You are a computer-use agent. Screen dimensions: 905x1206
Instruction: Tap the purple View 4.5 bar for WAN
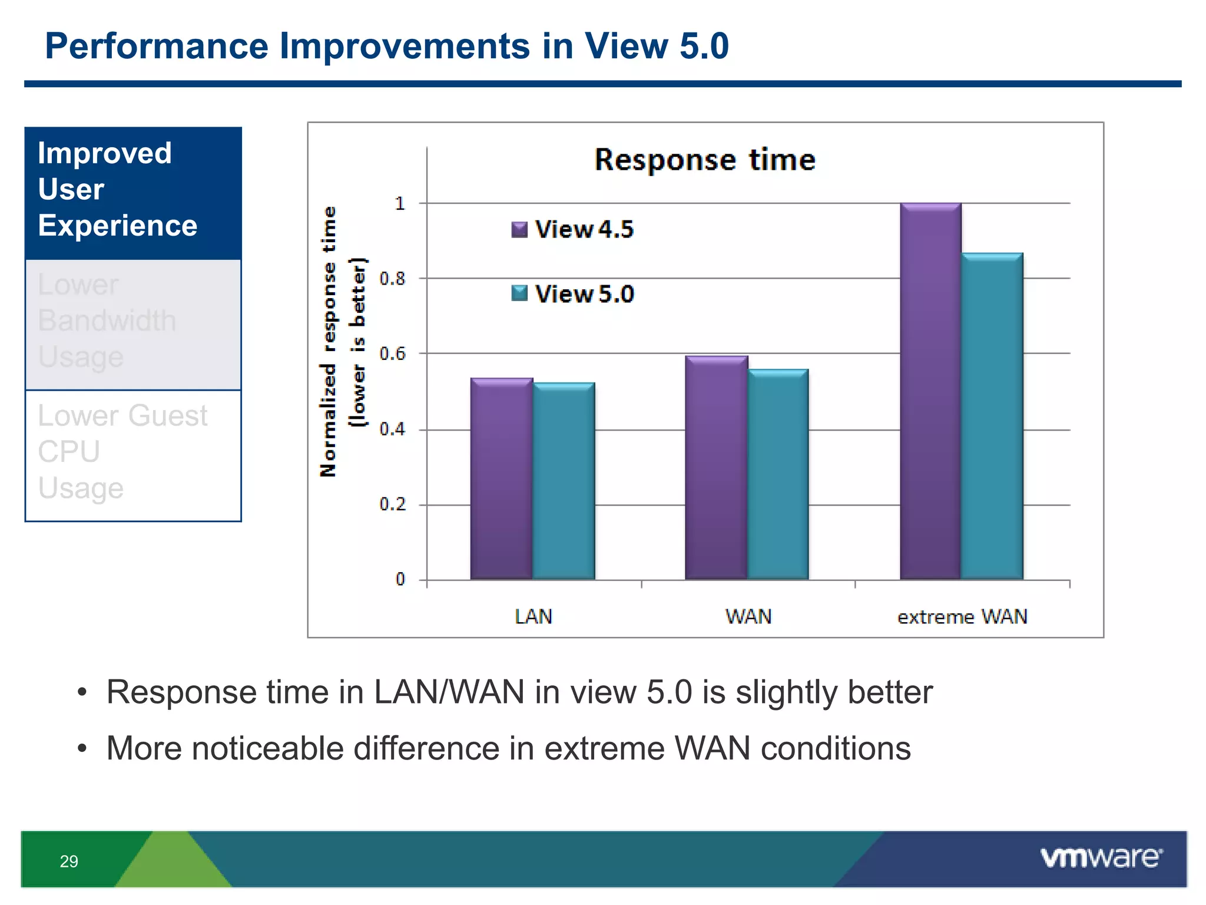coord(716,468)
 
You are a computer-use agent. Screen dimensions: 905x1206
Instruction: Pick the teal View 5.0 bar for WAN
coord(778,474)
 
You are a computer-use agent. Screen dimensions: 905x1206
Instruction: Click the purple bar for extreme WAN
coord(930,391)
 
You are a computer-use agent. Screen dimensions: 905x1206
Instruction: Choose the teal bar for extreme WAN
coord(992,416)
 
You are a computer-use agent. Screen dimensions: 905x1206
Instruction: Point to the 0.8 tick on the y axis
coord(393,279)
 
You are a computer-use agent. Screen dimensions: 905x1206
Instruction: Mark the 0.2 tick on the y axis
coord(393,504)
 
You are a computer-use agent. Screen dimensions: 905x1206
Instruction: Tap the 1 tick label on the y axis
coord(400,204)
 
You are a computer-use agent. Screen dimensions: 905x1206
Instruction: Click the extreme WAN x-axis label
coord(962,617)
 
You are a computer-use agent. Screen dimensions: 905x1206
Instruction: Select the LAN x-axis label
coord(534,617)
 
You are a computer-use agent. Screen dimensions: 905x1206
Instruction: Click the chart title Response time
coord(705,160)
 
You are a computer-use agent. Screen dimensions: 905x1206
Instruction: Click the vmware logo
coord(1101,857)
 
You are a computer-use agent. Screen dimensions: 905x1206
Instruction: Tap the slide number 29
coord(69,861)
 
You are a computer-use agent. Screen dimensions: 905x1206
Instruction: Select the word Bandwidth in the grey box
coord(107,321)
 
